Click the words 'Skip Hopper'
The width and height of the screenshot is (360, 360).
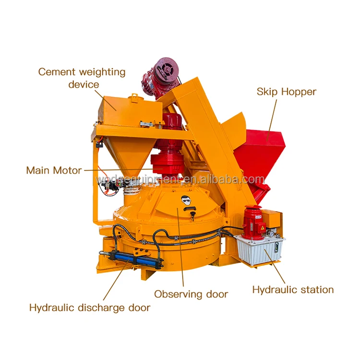[x=287, y=92]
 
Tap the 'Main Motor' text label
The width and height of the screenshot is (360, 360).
[x=54, y=170]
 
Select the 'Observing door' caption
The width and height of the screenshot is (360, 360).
[x=191, y=294]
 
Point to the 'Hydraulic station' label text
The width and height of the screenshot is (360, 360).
[x=293, y=289]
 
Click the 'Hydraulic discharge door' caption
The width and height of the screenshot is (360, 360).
[x=90, y=307]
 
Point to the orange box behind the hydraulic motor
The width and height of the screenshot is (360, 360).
[x=272, y=220]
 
